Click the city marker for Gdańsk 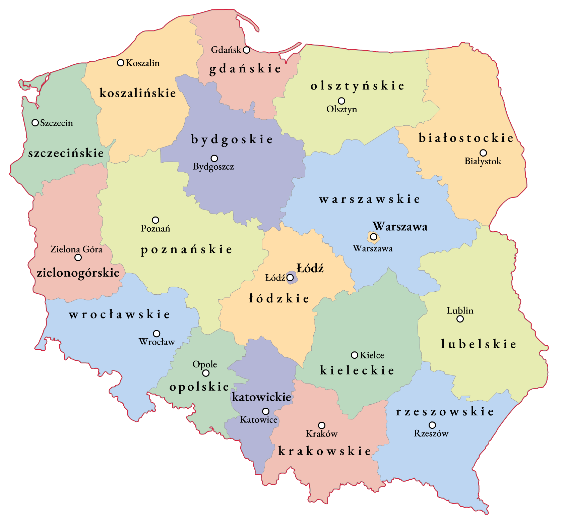[247, 50]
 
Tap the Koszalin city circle [121, 63]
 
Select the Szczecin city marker [35, 123]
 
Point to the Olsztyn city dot [341, 101]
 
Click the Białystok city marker [483, 153]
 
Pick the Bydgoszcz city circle [214, 158]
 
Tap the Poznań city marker [155, 220]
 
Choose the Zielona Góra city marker [78, 257]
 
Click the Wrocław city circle [157, 334]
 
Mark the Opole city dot [206, 373]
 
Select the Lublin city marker [460, 319]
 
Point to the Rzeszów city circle [433, 425]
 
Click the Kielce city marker [355, 355]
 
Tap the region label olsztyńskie [357, 86]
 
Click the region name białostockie [466, 138]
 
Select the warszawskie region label [370, 199]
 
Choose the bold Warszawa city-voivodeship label [400, 227]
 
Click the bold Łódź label [310, 268]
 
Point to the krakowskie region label [325, 451]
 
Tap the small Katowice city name [259, 420]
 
